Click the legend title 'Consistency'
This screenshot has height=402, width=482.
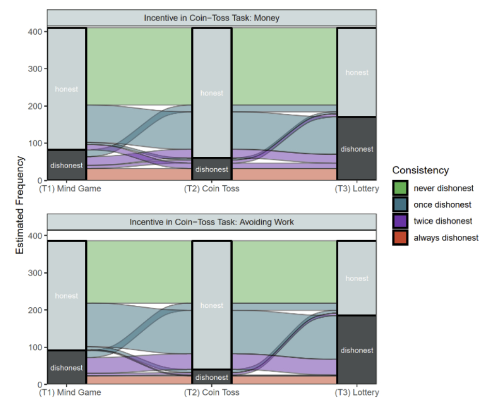click(x=420, y=170)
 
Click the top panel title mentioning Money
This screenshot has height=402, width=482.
click(x=212, y=18)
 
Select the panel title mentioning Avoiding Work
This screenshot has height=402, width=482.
click(x=212, y=222)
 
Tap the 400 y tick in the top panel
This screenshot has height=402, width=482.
click(x=34, y=32)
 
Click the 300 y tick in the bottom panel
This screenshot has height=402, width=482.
click(x=34, y=273)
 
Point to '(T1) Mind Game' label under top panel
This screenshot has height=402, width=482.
click(x=70, y=189)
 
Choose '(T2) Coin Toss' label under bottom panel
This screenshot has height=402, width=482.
click(x=212, y=393)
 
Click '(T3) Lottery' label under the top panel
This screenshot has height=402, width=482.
click(x=357, y=189)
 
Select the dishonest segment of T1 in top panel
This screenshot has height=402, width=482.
click(x=67, y=165)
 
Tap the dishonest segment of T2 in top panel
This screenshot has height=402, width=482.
click(x=212, y=169)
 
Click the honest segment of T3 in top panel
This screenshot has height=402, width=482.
click(x=357, y=72)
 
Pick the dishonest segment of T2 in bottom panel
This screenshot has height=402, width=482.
click(x=212, y=377)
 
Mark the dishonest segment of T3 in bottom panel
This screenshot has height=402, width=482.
click(x=357, y=350)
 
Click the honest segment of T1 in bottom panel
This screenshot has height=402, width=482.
click(x=67, y=296)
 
